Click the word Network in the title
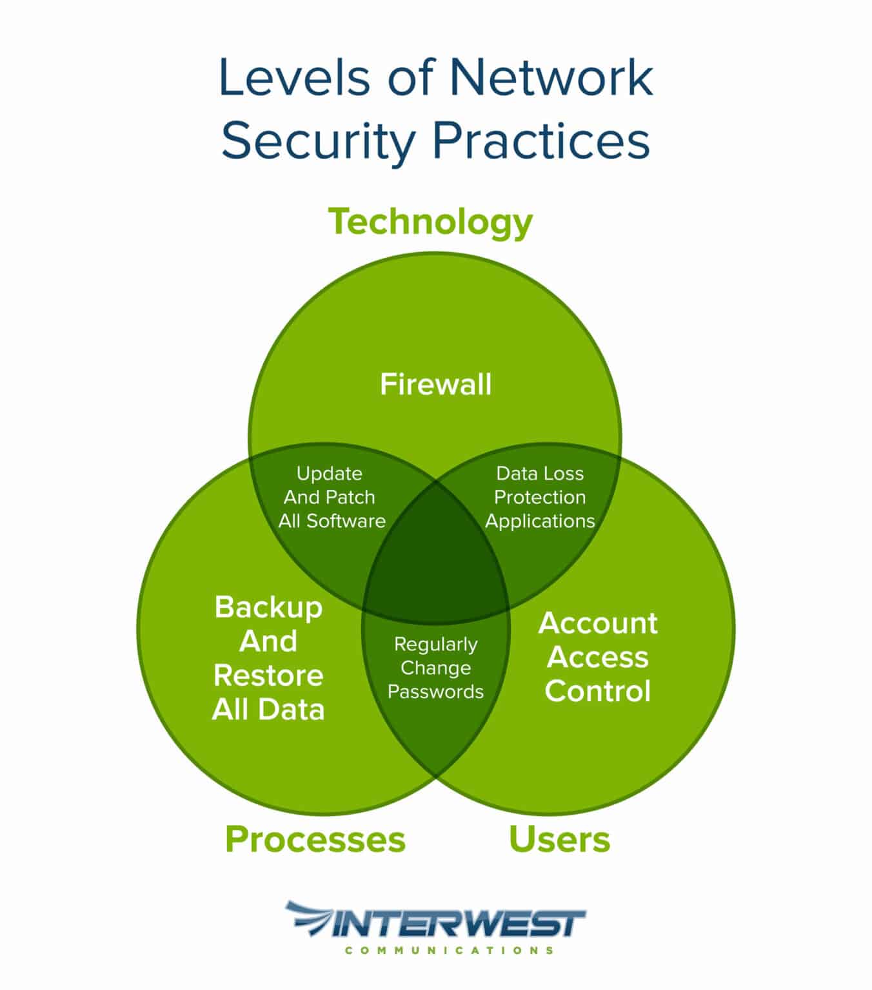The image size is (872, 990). pos(551,77)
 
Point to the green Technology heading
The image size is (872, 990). pos(431,221)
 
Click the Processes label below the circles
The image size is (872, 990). pos(315,839)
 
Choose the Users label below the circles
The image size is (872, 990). pos(559,839)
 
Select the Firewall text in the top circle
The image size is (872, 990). pos(435,384)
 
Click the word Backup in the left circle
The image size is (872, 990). pos(268,607)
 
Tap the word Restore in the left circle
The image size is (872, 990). pos(268,675)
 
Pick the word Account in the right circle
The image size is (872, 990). pos(598,623)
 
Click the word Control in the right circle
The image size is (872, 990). pos(598,691)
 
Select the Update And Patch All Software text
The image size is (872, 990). pos(331,497)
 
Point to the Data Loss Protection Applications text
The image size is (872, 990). pos(540,497)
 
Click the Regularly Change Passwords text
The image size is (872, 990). pos(435,668)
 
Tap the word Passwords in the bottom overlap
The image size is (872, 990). pos(435,692)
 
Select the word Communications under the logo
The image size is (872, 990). pos(449,950)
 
